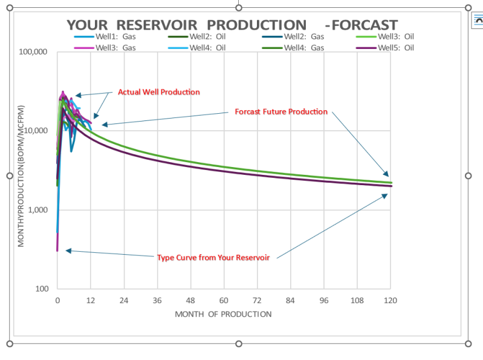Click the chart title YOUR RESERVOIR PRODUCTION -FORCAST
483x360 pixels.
[x=232, y=25]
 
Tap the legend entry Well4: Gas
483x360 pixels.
[x=303, y=48]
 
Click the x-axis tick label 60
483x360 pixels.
[x=224, y=301]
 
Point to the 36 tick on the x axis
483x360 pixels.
[x=157, y=301]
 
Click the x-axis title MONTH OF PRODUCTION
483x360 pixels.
[x=223, y=314]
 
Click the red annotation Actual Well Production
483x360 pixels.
[x=158, y=92]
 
